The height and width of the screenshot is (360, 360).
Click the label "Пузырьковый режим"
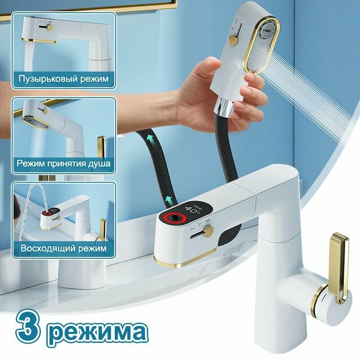click(63, 79)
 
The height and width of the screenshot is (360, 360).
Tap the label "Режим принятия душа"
click(63, 163)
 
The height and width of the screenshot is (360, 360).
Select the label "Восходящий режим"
click(63, 248)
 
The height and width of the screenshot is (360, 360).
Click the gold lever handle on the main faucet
click(338, 265)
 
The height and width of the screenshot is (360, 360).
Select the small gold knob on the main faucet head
click(208, 231)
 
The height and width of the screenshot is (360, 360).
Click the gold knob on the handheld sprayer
click(233, 42)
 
